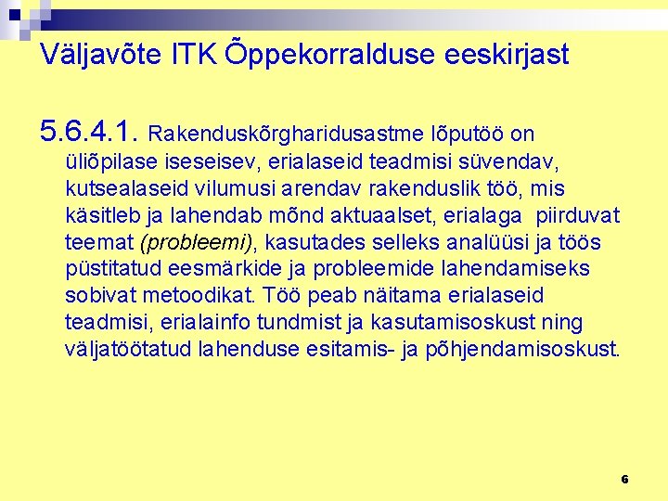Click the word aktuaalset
[402, 215]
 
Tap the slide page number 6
[624, 479]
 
